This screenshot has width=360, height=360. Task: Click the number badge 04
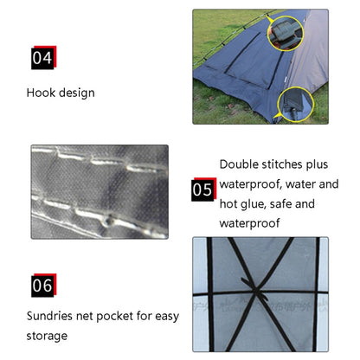43,57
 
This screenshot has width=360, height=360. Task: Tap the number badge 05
203,190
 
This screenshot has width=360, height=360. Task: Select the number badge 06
43,286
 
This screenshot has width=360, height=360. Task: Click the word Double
239,164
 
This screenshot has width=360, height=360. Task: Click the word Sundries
49,316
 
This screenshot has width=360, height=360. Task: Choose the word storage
47,337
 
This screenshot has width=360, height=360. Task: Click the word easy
167,317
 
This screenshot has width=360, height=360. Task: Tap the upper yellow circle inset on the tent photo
286,33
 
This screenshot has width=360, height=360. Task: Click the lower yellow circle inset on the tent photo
296,105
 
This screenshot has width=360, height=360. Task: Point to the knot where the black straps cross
256,291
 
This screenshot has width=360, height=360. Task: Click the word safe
281,204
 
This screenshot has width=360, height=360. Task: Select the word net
85,317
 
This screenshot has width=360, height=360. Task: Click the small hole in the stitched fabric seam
109,222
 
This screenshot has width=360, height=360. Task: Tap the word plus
317,165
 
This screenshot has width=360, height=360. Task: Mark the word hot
228,204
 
